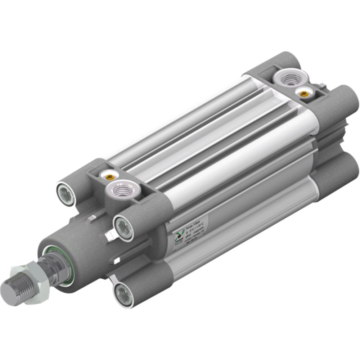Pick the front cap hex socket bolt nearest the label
(x=124, y=229)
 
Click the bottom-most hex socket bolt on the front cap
(x=123, y=294)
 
